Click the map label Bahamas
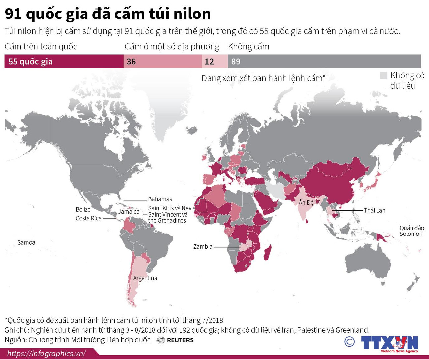click(x=160, y=199)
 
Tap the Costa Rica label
click(x=88, y=218)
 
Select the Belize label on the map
click(x=83, y=209)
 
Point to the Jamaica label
click(x=129, y=212)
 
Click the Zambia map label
click(x=203, y=247)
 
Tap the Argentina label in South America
click(x=145, y=278)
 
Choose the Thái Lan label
click(x=374, y=210)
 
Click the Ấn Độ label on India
click(x=306, y=202)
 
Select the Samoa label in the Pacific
click(x=26, y=243)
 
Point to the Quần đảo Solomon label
click(x=411, y=231)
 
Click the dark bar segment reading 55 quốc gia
click(x=64, y=62)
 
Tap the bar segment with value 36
click(x=163, y=62)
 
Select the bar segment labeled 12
click(x=214, y=62)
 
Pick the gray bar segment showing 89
click(x=324, y=62)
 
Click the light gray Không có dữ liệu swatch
click(x=383, y=76)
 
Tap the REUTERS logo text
click(x=180, y=340)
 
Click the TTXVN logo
click(x=389, y=343)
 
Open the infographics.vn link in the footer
click(x=46, y=354)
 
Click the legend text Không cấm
click(x=248, y=47)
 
